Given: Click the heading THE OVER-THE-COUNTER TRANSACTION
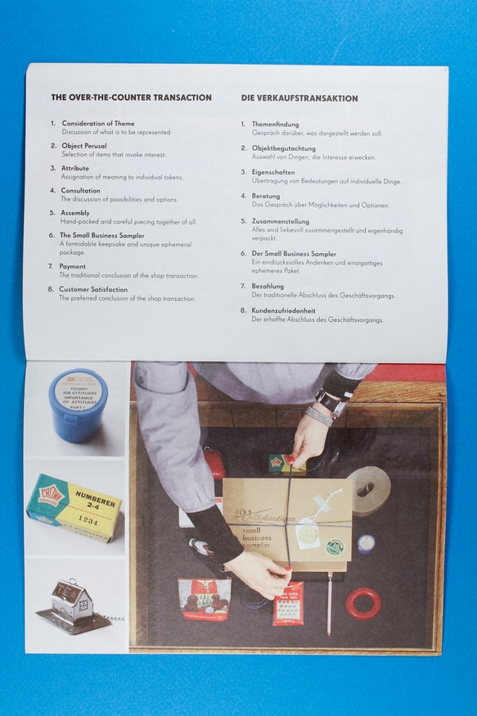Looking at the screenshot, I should (131, 97).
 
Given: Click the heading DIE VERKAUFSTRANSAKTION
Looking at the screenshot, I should (299, 98).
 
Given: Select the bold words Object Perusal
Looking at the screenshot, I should (84, 146).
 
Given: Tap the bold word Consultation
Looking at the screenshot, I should (81, 190).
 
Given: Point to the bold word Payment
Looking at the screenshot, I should (73, 266).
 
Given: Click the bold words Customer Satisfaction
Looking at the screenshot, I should (93, 289).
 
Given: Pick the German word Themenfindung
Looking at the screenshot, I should (275, 125).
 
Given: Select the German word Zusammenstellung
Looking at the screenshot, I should (281, 221).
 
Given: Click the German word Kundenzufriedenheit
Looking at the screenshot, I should (284, 310).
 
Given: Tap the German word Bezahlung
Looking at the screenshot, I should (268, 286).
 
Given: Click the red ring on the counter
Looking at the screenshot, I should (363, 603).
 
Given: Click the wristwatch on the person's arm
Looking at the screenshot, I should (331, 402).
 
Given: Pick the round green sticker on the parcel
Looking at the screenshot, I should (335, 546).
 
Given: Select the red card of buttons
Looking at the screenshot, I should (288, 603).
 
